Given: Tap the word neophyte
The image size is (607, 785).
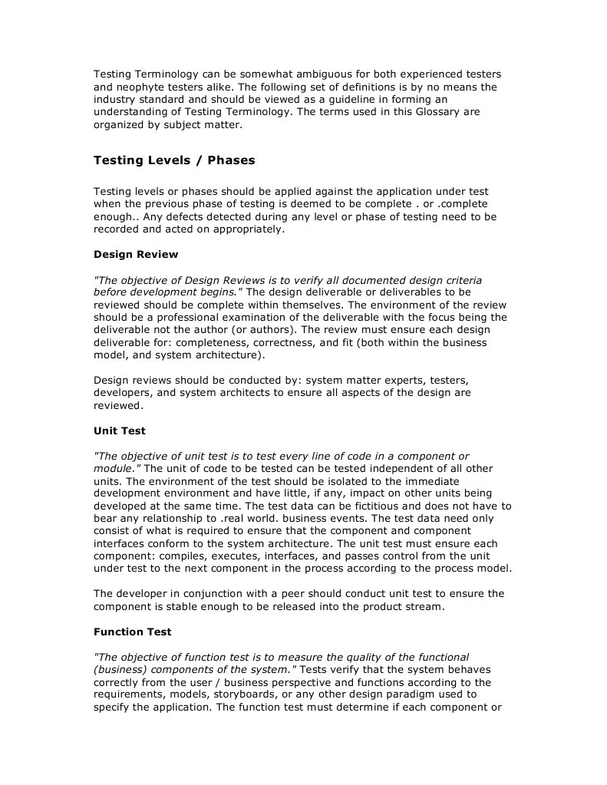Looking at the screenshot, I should [141, 87].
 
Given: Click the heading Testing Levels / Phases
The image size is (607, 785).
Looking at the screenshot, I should [174, 161].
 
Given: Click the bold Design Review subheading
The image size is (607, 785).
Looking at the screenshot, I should [136, 254].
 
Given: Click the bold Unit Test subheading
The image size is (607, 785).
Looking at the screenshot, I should [120, 430].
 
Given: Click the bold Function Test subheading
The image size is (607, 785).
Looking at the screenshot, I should [133, 632].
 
